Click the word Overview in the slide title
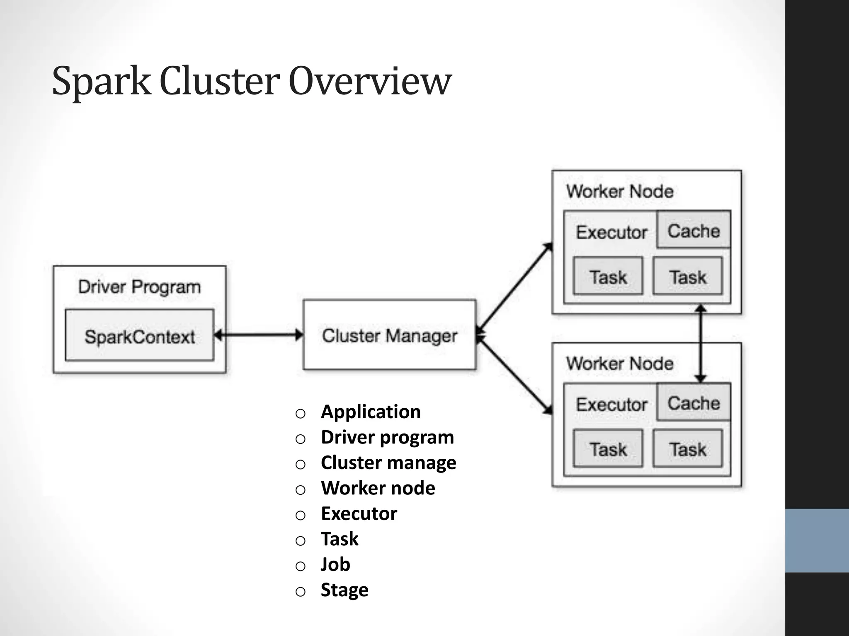(x=369, y=81)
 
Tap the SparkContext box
(x=140, y=336)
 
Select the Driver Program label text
(x=139, y=287)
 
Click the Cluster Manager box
(x=389, y=335)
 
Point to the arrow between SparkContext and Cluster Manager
(x=259, y=335)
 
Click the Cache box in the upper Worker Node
(x=694, y=230)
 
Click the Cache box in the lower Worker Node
(x=694, y=402)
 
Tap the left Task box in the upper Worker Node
(x=608, y=276)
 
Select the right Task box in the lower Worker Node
(x=687, y=449)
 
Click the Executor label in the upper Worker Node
(x=611, y=232)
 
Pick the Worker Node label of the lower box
(x=620, y=364)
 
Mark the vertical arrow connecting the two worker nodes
(x=700, y=344)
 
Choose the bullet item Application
(x=371, y=412)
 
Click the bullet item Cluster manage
(x=388, y=463)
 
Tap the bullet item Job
(x=335, y=564)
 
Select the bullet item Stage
(x=344, y=590)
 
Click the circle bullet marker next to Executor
(x=301, y=515)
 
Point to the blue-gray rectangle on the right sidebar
(x=817, y=540)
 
